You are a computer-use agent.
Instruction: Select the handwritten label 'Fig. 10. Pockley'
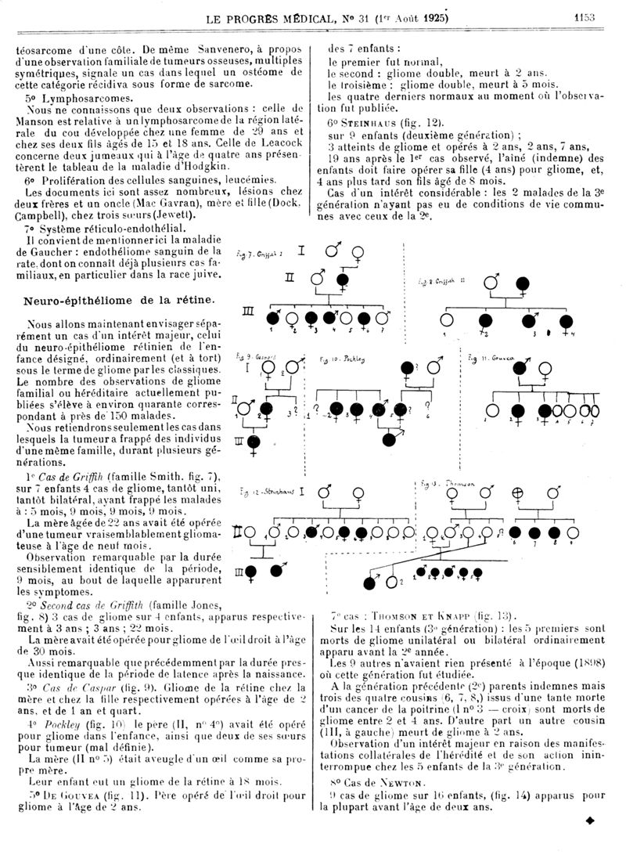[x=344, y=359]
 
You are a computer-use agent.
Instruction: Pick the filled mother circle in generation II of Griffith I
[x=342, y=280]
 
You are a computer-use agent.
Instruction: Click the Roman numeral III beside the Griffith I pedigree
[x=249, y=312]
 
